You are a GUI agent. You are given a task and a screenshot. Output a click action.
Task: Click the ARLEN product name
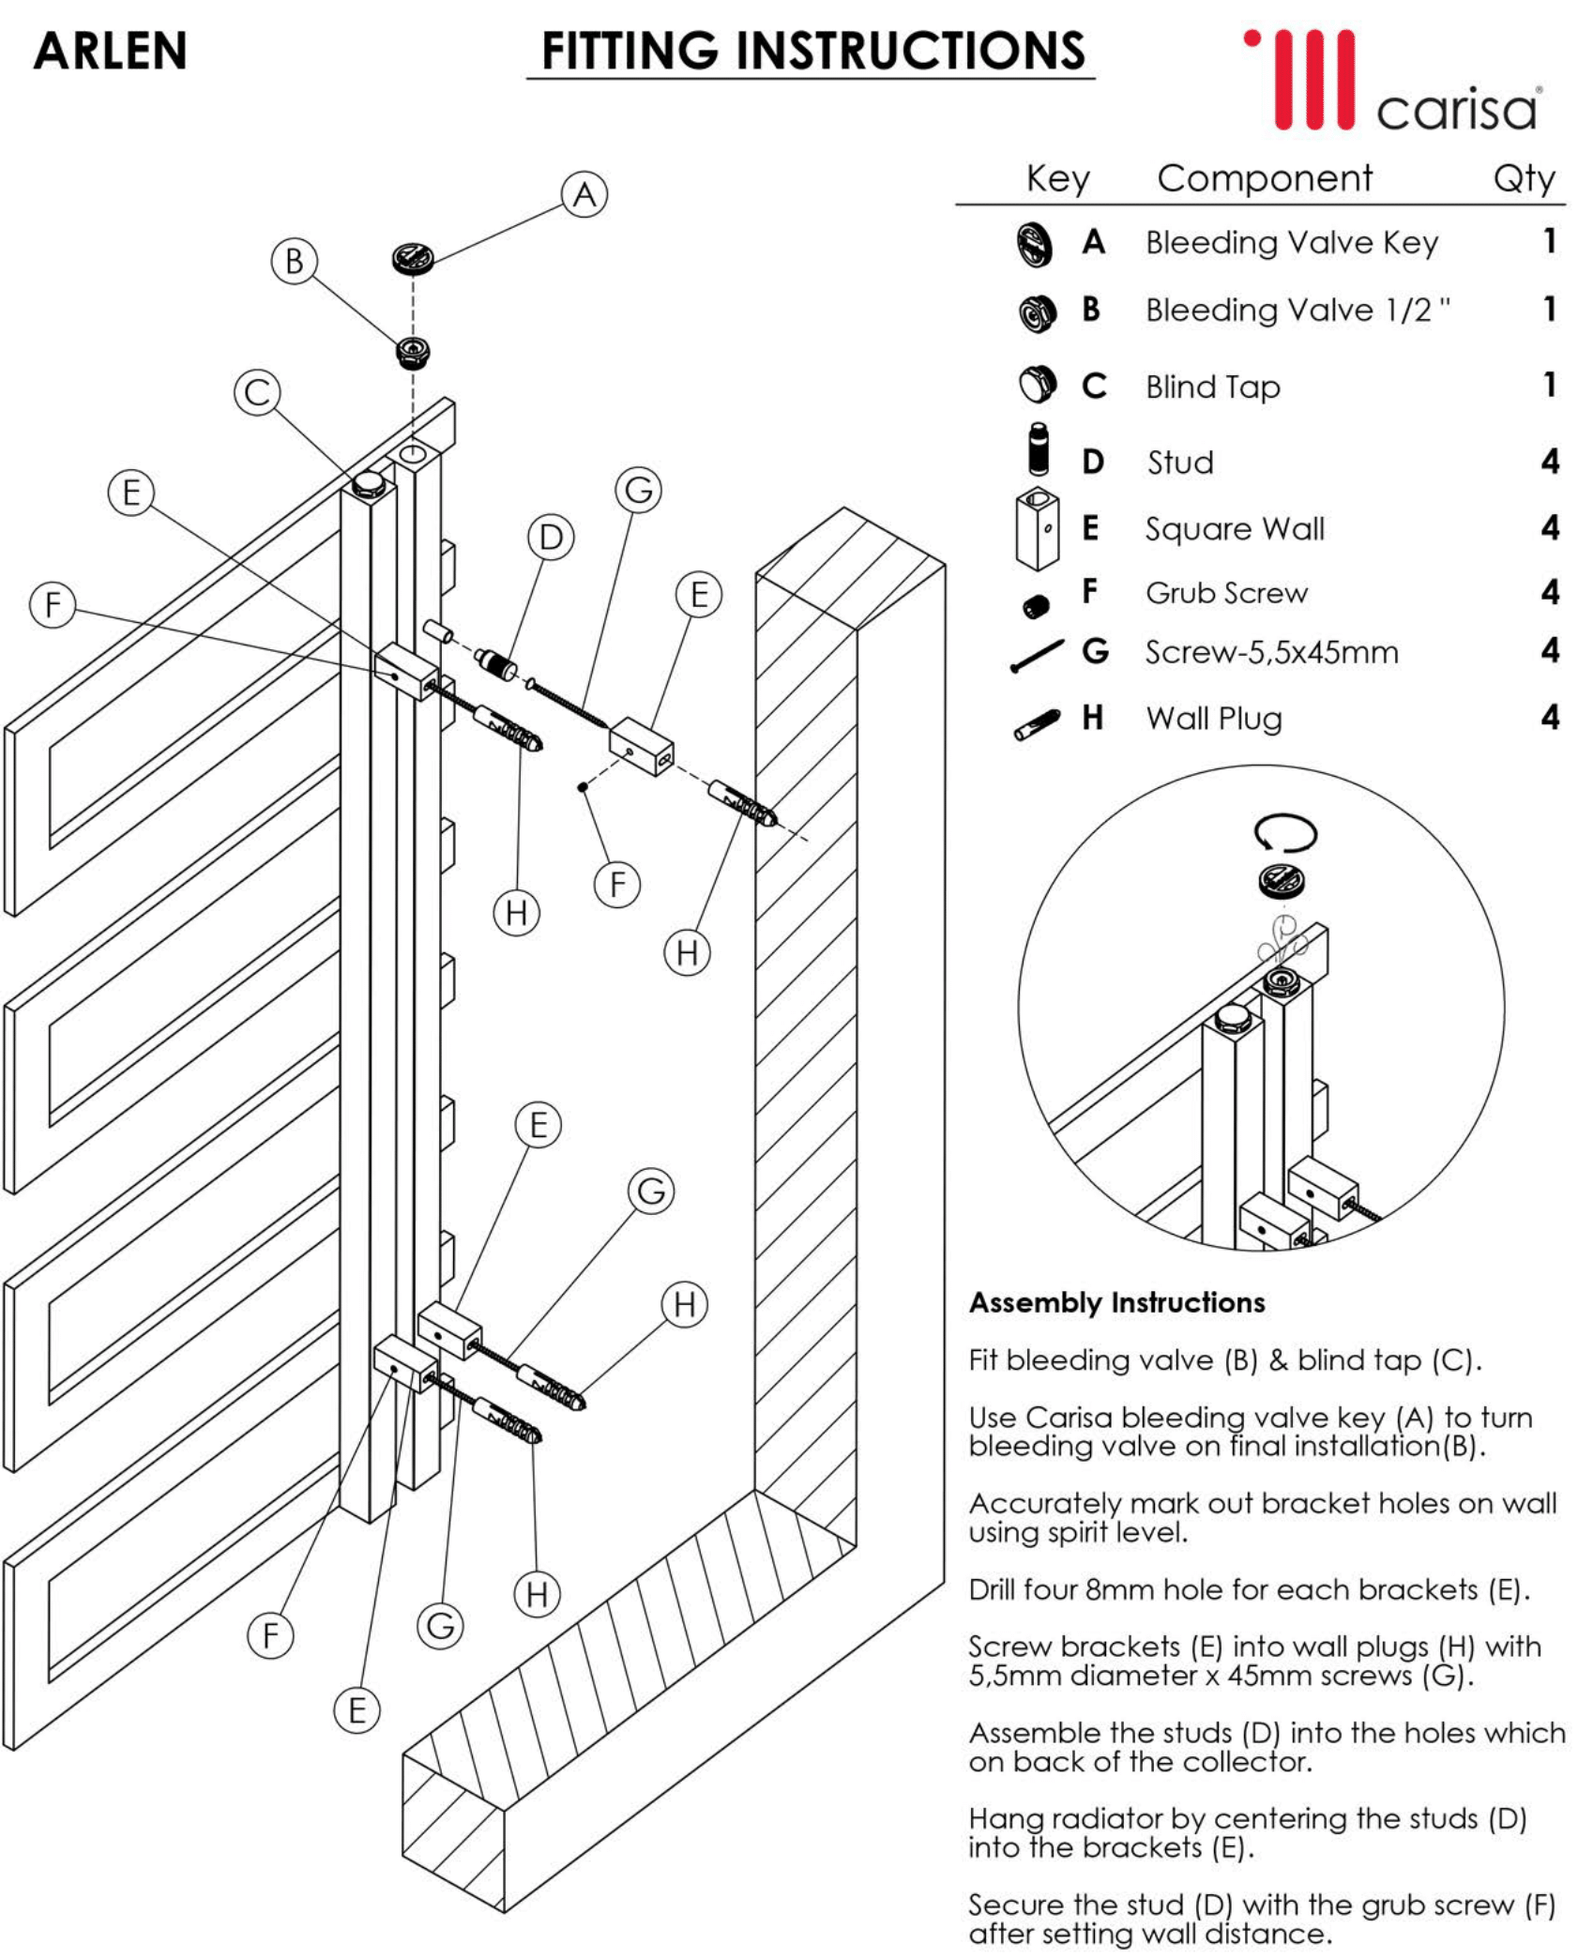(x=110, y=51)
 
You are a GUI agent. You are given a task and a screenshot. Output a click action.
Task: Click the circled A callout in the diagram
(x=584, y=194)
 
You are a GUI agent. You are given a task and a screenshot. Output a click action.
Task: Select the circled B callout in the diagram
(x=294, y=261)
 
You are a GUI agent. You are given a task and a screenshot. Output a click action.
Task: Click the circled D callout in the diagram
(x=551, y=538)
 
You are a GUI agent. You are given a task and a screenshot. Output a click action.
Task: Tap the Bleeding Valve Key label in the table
(x=1291, y=242)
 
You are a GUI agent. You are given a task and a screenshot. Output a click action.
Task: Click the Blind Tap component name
(x=1212, y=387)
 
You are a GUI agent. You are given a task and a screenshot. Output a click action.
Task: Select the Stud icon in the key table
(x=1037, y=450)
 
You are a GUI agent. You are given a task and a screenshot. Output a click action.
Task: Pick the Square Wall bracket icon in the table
(x=1037, y=529)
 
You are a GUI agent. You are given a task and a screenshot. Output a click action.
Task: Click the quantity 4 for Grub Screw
(x=1550, y=592)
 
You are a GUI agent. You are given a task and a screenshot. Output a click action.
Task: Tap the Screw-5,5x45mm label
(x=1271, y=652)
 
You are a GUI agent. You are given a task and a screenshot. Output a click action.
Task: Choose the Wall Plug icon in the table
(x=1037, y=723)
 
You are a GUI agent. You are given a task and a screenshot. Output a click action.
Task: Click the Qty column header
(x=1524, y=177)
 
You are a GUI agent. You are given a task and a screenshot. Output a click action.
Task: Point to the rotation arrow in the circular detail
(x=1285, y=832)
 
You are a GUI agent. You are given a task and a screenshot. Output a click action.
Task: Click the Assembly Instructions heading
(x=1116, y=1302)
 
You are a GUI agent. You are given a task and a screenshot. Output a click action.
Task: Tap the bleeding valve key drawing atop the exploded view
(x=413, y=258)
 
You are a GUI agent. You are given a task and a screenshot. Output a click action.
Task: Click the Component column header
(x=1264, y=177)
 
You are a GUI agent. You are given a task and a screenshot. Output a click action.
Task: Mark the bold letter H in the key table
(x=1091, y=718)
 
